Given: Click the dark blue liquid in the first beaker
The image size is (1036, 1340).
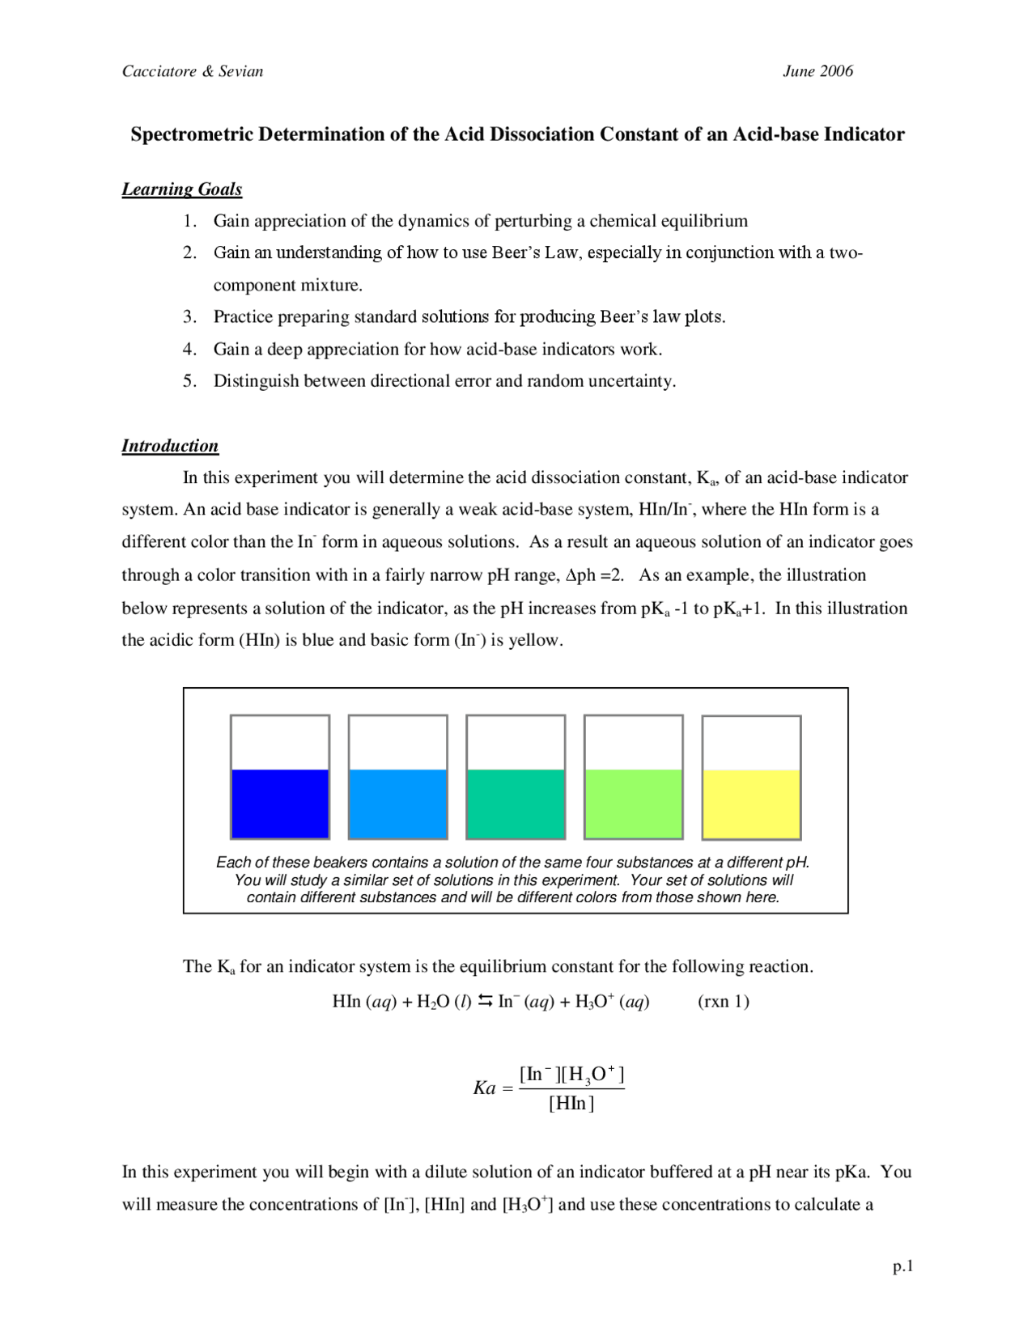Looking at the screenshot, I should tap(280, 804).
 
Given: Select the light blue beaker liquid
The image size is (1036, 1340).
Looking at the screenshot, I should tap(397, 804).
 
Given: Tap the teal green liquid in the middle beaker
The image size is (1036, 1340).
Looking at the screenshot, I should tap(516, 804).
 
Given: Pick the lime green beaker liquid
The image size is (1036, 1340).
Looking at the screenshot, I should tap(634, 804).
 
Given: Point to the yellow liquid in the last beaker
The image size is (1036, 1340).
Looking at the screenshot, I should tap(751, 804).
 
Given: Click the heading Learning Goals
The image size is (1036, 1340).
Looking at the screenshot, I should tap(182, 189).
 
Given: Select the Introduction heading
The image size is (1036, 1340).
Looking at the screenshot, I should tap(170, 446).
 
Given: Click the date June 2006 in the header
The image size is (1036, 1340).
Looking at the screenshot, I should tap(817, 71).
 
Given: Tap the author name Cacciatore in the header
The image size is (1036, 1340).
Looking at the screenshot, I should tap(159, 71).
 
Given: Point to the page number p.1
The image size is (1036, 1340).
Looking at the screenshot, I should tap(902, 1266).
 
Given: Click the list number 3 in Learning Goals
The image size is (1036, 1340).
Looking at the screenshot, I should tap(189, 316).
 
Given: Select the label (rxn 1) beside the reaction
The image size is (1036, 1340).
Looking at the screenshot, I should tap(723, 1002).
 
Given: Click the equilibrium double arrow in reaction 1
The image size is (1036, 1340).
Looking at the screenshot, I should tap(485, 1002).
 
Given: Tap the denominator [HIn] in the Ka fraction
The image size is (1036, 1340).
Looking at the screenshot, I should tap(571, 1103).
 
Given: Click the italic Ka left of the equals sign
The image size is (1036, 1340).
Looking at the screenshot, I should tap(484, 1088).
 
